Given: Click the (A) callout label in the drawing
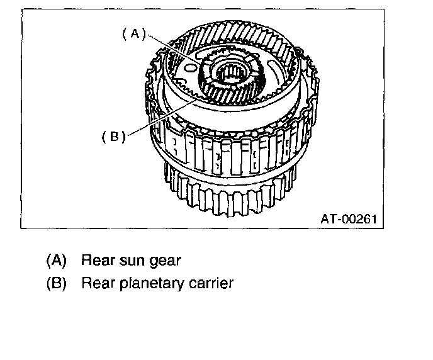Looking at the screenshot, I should click(x=133, y=35).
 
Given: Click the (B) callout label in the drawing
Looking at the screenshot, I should click(x=114, y=136).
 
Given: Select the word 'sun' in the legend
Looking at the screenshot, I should click(x=127, y=259).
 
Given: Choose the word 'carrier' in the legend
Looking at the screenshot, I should click(x=211, y=283).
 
